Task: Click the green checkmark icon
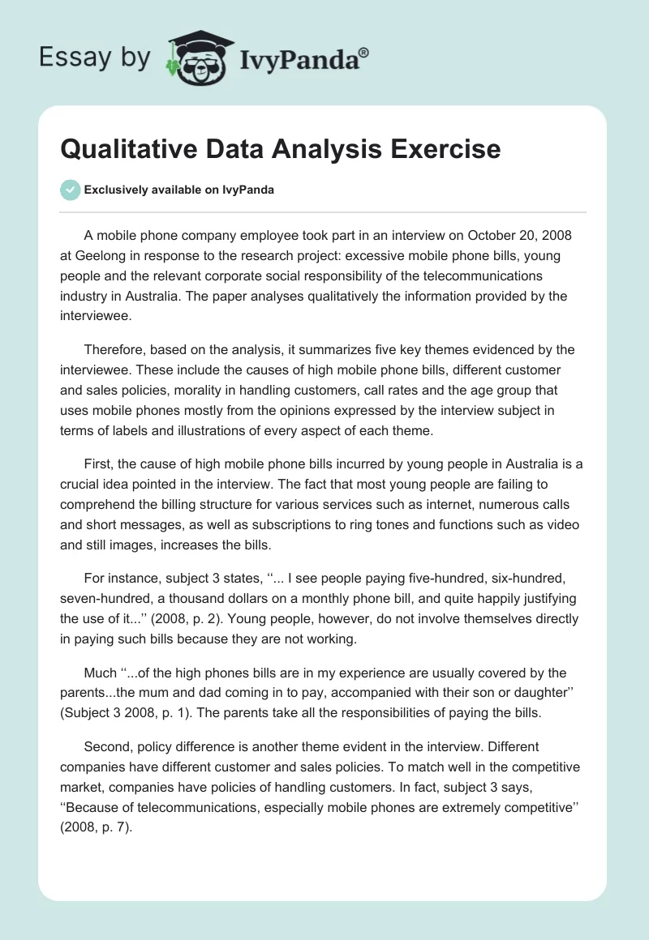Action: click(70, 190)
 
